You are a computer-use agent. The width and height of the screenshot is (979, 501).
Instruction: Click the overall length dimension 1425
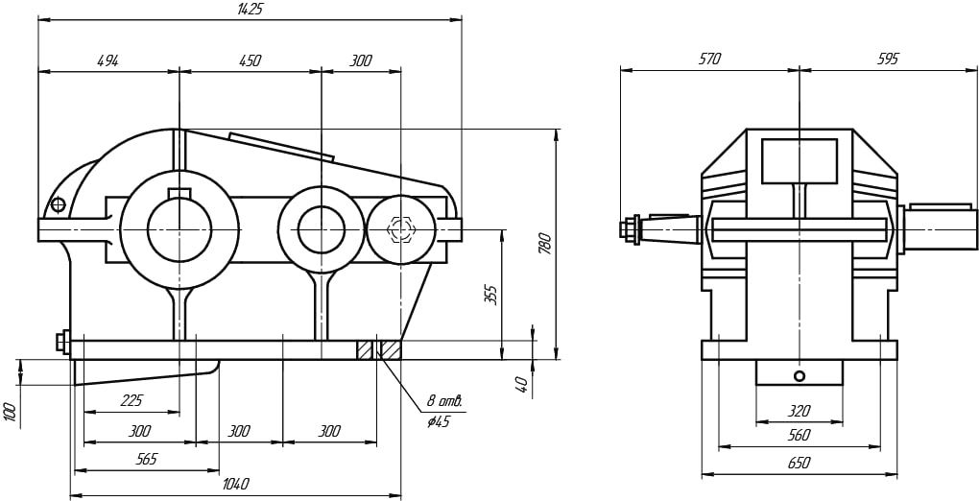click(249, 9)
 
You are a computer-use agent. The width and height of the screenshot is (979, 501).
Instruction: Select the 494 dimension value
click(107, 60)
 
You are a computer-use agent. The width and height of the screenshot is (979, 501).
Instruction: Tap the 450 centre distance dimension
click(249, 60)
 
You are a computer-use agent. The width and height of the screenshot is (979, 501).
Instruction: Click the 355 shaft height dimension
click(490, 294)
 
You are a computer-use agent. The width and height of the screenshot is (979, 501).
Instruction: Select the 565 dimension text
click(146, 460)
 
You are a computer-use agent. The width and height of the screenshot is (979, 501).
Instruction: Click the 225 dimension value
click(131, 401)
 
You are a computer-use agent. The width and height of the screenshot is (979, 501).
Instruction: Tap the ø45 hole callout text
click(439, 421)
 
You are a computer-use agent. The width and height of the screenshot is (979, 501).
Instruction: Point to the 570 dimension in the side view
click(709, 60)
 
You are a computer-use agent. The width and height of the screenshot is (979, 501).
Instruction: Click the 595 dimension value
click(887, 60)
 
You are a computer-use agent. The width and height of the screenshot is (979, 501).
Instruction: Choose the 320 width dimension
click(799, 411)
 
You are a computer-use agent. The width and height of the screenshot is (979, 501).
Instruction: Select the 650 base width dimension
click(799, 463)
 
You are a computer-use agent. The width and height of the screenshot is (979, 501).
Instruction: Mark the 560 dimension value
click(799, 436)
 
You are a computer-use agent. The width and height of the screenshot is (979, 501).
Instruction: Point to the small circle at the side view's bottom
click(800, 374)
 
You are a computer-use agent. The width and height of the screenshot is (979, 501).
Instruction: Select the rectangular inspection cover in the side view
click(799, 160)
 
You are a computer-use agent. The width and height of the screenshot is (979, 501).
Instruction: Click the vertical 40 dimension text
click(521, 382)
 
